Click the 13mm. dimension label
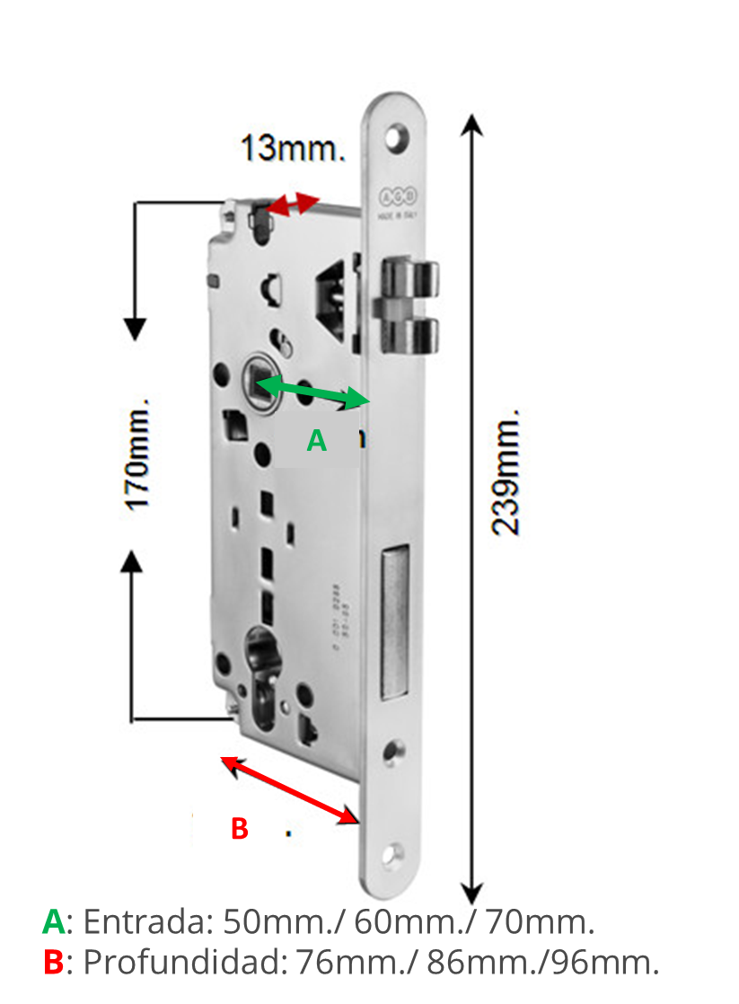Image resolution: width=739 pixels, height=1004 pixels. click(292, 148)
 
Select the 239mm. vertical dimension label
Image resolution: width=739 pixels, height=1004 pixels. click(508, 472)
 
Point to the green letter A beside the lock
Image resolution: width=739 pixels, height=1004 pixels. click(316, 441)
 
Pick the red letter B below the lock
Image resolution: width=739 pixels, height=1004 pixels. click(239, 828)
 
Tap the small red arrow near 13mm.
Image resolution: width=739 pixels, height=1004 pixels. click(295, 205)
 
